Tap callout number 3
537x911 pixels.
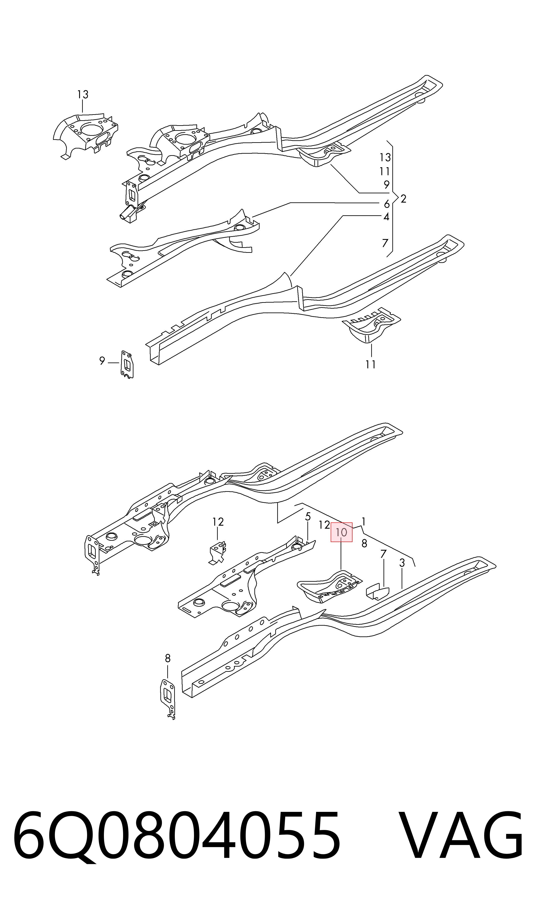(402, 563)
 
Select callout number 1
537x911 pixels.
(363, 522)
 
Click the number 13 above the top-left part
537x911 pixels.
(83, 95)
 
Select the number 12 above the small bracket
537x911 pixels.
(218, 522)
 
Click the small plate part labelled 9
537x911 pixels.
(127, 364)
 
